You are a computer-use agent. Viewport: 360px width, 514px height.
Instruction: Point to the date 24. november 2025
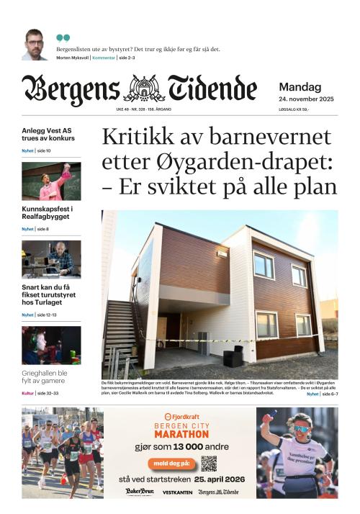point(306,98)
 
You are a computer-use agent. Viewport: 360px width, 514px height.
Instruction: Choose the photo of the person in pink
point(51,181)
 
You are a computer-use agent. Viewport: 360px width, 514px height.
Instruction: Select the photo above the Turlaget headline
point(51,259)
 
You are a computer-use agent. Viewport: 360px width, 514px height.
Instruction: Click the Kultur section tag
point(28,393)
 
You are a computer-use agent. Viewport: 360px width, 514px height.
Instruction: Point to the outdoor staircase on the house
point(122,332)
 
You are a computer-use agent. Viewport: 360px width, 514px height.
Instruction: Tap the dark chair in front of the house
point(233,355)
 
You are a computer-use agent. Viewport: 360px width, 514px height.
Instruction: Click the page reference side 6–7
point(330,394)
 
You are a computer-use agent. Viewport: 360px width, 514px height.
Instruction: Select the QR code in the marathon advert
point(209,463)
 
